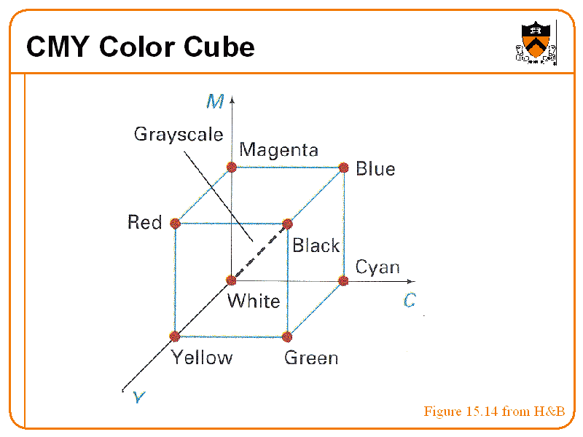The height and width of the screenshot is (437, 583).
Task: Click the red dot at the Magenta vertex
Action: click(232, 167)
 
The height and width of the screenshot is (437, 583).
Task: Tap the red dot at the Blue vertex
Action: click(344, 168)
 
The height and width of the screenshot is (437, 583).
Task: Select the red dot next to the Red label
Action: click(175, 223)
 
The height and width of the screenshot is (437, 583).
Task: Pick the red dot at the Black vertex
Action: click(287, 224)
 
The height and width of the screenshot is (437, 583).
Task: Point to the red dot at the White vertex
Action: click(232, 280)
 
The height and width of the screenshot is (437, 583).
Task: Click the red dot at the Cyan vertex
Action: click(344, 280)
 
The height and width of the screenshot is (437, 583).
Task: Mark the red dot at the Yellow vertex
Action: click(175, 336)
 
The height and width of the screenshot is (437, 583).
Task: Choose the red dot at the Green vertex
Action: click(287, 336)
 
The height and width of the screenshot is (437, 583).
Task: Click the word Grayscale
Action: click(178, 135)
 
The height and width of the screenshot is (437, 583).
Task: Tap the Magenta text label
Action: click(279, 150)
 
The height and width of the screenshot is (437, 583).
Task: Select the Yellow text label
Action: click(202, 358)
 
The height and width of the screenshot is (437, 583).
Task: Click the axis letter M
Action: click(214, 101)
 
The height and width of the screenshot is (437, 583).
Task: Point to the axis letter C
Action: click(410, 300)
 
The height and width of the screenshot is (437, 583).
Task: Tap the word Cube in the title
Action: click(219, 47)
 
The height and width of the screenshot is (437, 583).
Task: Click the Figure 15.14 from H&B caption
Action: click(494, 412)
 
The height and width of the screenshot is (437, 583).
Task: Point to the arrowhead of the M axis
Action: click(232, 97)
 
